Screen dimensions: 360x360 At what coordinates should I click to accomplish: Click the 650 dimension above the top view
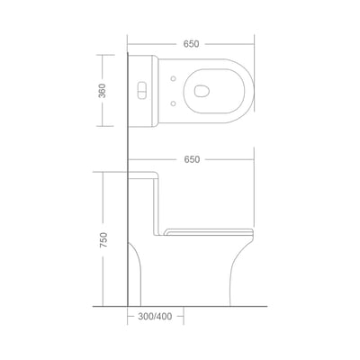[191, 44]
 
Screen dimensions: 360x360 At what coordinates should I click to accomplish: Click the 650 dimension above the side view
[192, 159]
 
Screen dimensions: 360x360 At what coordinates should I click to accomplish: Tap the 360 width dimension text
[103, 91]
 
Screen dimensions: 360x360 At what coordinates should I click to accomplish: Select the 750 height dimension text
[103, 239]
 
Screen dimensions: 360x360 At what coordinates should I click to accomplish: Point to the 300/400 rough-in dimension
[155, 316]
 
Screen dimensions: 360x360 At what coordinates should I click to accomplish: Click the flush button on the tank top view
[141, 90]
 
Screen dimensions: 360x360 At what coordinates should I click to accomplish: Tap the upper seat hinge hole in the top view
[173, 78]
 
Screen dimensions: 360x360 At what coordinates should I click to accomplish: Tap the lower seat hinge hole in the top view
[173, 103]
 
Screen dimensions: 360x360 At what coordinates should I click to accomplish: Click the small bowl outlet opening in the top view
[202, 91]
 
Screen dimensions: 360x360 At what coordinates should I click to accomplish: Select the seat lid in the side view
[209, 231]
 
